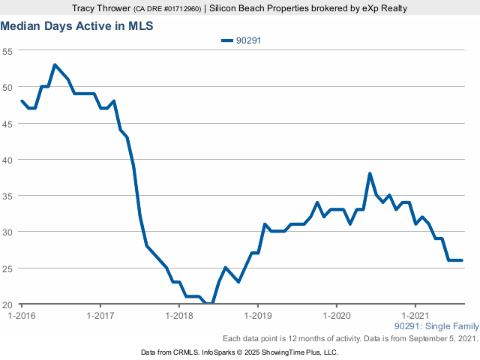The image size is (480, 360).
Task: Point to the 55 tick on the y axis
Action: (x=7, y=51)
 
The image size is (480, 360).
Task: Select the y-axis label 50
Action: (x=7, y=87)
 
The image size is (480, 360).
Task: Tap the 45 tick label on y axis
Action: (x=7, y=123)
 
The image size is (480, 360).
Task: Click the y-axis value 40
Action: (x=7, y=160)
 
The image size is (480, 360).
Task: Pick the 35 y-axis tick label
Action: (x=7, y=196)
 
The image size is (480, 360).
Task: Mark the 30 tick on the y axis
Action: (x=7, y=232)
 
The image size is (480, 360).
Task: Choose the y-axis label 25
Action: (x=7, y=268)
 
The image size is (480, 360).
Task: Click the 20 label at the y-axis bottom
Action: (x=7, y=304)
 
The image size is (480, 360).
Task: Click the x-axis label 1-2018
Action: (x=178, y=316)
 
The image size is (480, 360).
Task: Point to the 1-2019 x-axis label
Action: (x=258, y=316)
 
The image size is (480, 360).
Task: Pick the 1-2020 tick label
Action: (x=337, y=316)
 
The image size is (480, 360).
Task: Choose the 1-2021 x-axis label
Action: (x=415, y=316)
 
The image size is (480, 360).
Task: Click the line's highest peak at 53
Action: (x=55, y=65)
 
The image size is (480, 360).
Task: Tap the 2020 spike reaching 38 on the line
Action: (x=370, y=174)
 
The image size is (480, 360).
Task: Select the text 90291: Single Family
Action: (x=435, y=327)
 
